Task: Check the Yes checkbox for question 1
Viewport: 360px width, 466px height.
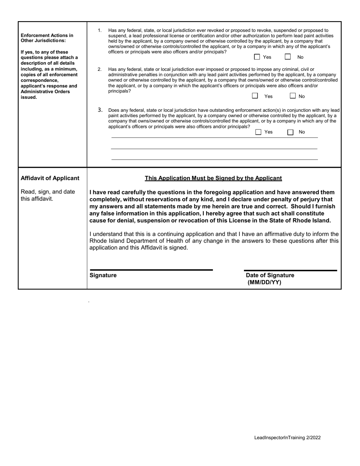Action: [x=257, y=57]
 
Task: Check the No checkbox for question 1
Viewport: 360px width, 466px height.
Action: [x=288, y=57]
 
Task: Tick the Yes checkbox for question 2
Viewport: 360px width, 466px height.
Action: [x=255, y=96]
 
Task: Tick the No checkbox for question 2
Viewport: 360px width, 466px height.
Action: [x=293, y=96]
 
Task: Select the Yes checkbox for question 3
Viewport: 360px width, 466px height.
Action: [x=258, y=132]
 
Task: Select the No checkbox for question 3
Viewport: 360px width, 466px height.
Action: [x=290, y=132]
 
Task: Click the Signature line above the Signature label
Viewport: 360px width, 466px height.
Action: [x=151, y=270]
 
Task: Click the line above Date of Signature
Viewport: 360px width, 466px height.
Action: [x=290, y=270]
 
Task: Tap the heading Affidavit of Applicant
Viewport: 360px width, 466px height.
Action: [x=50, y=178]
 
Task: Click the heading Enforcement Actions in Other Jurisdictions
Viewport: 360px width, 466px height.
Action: [x=47, y=38]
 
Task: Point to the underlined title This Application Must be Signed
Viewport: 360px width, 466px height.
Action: [x=213, y=178]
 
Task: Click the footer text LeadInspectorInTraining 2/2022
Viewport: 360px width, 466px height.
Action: [x=287, y=438]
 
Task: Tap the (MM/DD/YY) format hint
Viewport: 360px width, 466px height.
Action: [x=264, y=282]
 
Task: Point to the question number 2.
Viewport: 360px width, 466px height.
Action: [x=100, y=69]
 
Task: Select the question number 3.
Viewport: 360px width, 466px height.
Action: [x=100, y=110]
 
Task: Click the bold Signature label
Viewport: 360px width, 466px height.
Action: [x=103, y=275]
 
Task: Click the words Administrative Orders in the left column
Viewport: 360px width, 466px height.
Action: [x=40, y=92]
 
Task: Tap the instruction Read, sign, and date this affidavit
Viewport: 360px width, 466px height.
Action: [x=48, y=195]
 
